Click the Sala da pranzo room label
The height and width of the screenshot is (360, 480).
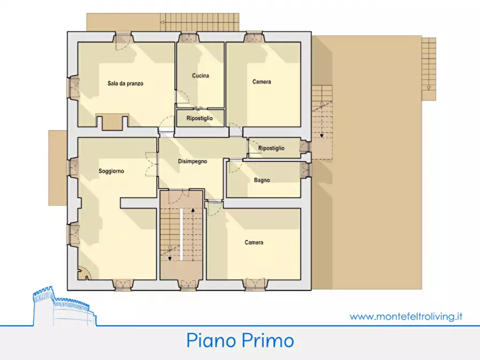[x=125, y=83]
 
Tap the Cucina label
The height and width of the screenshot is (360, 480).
[x=200, y=76]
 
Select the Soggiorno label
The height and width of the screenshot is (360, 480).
[x=111, y=171]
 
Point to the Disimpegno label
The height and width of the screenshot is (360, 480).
[x=192, y=161]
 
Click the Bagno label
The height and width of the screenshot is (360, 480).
[x=262, y=180]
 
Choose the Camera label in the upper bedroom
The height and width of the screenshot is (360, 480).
[x=262, y=82]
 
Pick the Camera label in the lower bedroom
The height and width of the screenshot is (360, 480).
[x=254, y=242]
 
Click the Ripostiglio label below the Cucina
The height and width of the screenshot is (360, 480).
[x=199, y=118]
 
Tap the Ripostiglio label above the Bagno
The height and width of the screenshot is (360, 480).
[x=271, y=148]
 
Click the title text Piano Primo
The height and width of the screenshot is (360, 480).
[x=240, y=340]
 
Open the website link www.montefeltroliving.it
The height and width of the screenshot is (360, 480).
[x=406, y=316]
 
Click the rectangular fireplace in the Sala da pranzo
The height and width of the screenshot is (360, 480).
[x=112, y=122]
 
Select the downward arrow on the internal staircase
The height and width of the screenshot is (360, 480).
[x=170, y=257]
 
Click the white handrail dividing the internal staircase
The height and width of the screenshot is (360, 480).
[x=182, y=234]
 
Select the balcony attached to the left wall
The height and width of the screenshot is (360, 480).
[x=57, y=167]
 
